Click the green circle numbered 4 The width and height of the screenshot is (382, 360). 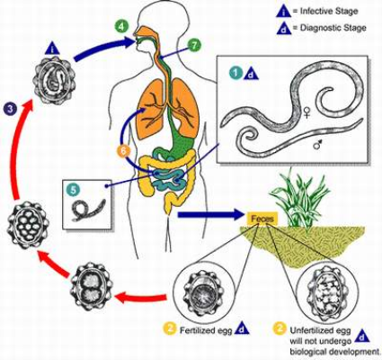120,26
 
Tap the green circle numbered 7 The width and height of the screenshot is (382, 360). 194,46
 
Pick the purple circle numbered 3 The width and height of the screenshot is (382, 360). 11,109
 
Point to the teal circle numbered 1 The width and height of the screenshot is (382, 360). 236,73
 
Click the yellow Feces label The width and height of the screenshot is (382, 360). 262,219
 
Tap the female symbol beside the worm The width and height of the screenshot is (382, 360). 306,113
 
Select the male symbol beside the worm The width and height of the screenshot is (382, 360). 318,145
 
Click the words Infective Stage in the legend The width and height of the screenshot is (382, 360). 329,12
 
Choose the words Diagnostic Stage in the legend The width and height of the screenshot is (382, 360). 333,28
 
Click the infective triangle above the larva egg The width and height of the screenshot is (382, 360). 52,49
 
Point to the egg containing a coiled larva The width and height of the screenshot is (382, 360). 55,80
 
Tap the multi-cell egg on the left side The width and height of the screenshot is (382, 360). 28,225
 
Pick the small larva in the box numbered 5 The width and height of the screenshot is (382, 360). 88,210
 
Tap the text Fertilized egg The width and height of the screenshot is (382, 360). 206,330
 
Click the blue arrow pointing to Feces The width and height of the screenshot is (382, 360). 210,215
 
